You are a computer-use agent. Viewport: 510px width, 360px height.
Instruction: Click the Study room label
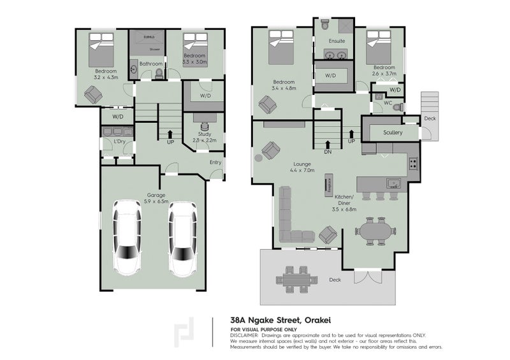(204, 136)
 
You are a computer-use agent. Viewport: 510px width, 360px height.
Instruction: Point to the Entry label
(215, 162)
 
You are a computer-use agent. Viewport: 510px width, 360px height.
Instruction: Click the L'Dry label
(118, 141)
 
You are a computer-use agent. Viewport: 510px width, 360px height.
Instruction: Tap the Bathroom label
(151, 64)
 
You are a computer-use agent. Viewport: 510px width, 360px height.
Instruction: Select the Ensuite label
(337, 41)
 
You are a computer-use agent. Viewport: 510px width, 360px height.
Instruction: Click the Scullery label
(393, 133)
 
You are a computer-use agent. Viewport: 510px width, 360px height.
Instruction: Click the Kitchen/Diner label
(344, 201)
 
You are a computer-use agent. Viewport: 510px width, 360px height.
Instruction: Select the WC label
(388, 103)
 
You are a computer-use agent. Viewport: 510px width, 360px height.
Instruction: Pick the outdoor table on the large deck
(296, 279)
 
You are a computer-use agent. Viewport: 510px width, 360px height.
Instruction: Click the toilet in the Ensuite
(324, 25)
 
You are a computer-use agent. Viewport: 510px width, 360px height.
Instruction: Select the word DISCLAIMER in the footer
(244, 335)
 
